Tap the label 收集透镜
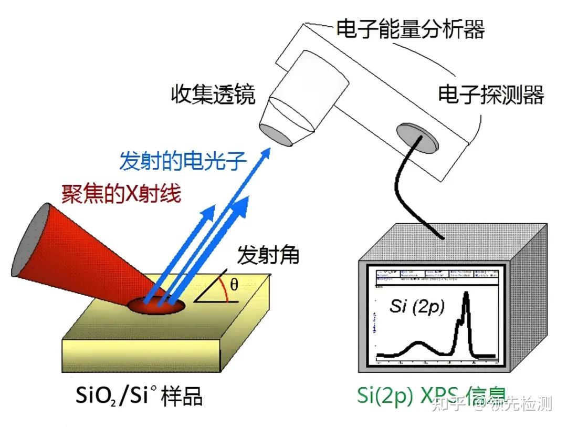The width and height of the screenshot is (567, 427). tap(213, 96)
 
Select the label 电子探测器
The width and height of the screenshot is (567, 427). tap(491, 96)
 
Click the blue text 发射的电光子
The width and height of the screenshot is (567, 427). tap(183, 161)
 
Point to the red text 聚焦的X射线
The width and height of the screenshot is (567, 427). tap(121, 194)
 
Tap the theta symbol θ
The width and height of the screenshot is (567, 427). tap(234, 285)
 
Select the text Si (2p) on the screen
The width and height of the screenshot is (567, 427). tap(416, 306)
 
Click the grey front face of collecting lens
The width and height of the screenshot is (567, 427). tap(277, 134)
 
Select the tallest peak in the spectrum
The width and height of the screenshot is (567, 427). tap(466, 297)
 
